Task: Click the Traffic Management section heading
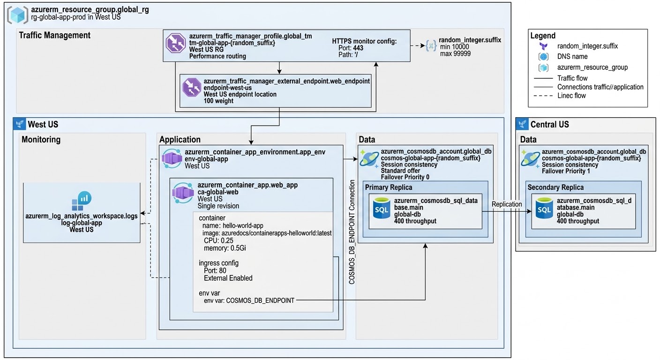point(54,35)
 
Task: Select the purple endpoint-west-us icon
point(192,88)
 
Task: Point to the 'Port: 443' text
point(351,48)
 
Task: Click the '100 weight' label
point(218,101)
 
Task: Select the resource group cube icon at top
point(17,15)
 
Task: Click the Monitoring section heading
point(41,139)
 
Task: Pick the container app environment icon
point(172,158)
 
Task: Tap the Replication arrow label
point(507,204)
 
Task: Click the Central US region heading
point(549,124)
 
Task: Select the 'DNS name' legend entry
point(572,56)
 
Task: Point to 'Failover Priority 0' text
point(405,177)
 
